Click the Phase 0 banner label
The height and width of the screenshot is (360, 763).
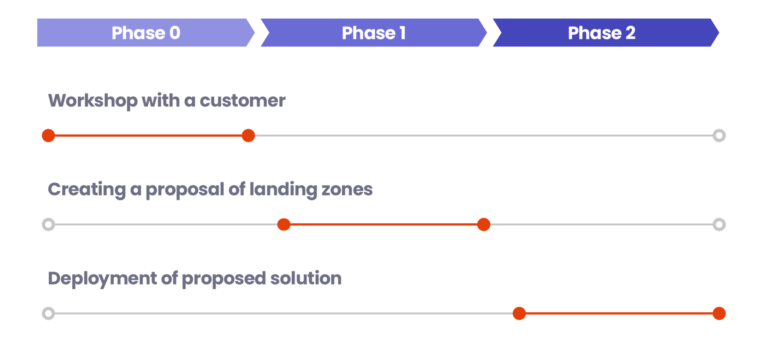pyautogui.click(x=146, y=33)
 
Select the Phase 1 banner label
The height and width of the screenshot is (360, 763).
pyautogui.click(x=374, y=33)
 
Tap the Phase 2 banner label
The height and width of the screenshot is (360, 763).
pyautogui.click(x=601, y=33)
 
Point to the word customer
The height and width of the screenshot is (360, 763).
pyautogui.click(x=242, y=101)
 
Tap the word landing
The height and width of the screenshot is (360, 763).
pyautogui.click(x=283, y=190)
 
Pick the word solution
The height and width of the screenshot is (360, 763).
pyautogui.click(x=306, y=279)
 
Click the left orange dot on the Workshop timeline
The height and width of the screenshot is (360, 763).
pyautogui.click(x=48, y=135)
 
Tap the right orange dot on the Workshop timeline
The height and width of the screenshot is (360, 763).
pyautogui.click(x=248, y=135)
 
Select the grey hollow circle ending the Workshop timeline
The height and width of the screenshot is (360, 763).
pyautogui.click(x=719, y=135)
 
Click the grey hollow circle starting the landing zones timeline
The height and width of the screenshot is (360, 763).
pyautogui.click(x=48, y=225)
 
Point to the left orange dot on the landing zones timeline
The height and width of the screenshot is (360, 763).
pyautogui.click(x=284, y=225)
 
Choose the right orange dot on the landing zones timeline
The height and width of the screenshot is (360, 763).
pyautogui.click(x=484, y=225)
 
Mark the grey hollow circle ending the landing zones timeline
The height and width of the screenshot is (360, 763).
pyautogui.click(x=719, y=225)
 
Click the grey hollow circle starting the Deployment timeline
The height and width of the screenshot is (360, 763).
pyautogui.click(x=48, y=314)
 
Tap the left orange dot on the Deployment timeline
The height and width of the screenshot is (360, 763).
pyautogui.click(x=519, y=314)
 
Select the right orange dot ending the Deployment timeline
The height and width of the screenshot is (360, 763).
pyautogui.click(x=719, y=314)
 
